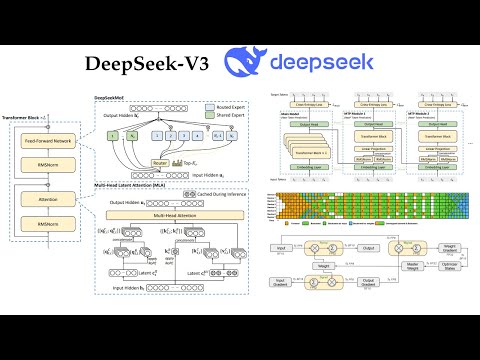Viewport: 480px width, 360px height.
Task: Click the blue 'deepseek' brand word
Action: click(323, 62)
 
